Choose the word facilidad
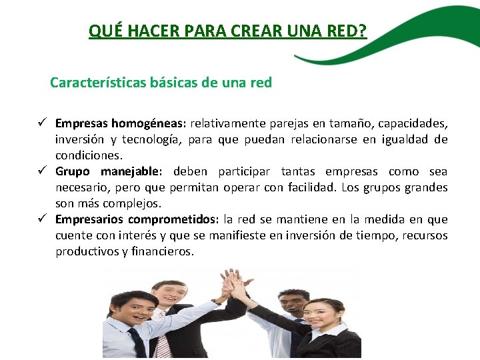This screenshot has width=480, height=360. [x=313, y=187]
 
